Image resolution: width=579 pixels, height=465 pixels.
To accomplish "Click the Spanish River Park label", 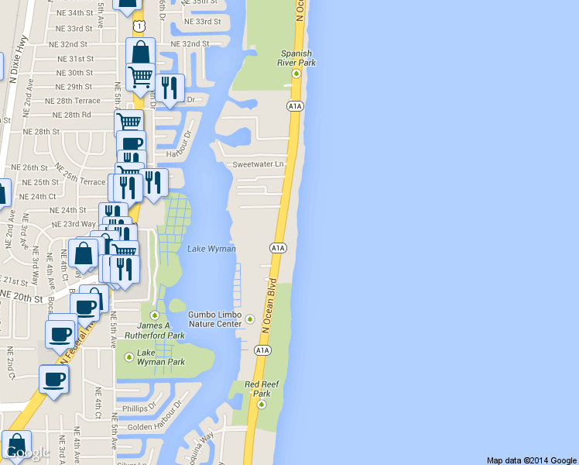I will point(296,58).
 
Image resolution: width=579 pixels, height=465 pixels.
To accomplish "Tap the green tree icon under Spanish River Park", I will point(296,74).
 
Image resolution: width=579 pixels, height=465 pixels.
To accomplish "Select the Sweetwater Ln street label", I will point(258,164).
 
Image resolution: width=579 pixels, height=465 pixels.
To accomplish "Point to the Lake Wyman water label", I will point(211,248).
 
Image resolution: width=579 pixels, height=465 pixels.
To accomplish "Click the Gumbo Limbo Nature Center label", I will point(214,319).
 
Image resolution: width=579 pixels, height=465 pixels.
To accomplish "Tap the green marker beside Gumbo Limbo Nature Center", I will point(249,319).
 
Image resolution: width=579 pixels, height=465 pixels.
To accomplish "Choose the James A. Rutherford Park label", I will point(153,330).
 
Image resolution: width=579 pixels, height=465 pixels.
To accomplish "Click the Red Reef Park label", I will point(261,388).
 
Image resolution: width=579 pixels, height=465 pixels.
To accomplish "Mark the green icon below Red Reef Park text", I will point(262,404).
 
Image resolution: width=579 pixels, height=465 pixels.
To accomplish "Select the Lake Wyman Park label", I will point(160,357).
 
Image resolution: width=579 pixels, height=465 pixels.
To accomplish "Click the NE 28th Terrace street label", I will point(73,101).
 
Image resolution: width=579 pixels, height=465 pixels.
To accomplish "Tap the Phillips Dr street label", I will point(139,407).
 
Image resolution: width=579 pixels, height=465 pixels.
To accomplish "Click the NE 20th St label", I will point(22,297).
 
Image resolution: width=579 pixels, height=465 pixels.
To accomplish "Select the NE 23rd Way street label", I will point(73,223).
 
